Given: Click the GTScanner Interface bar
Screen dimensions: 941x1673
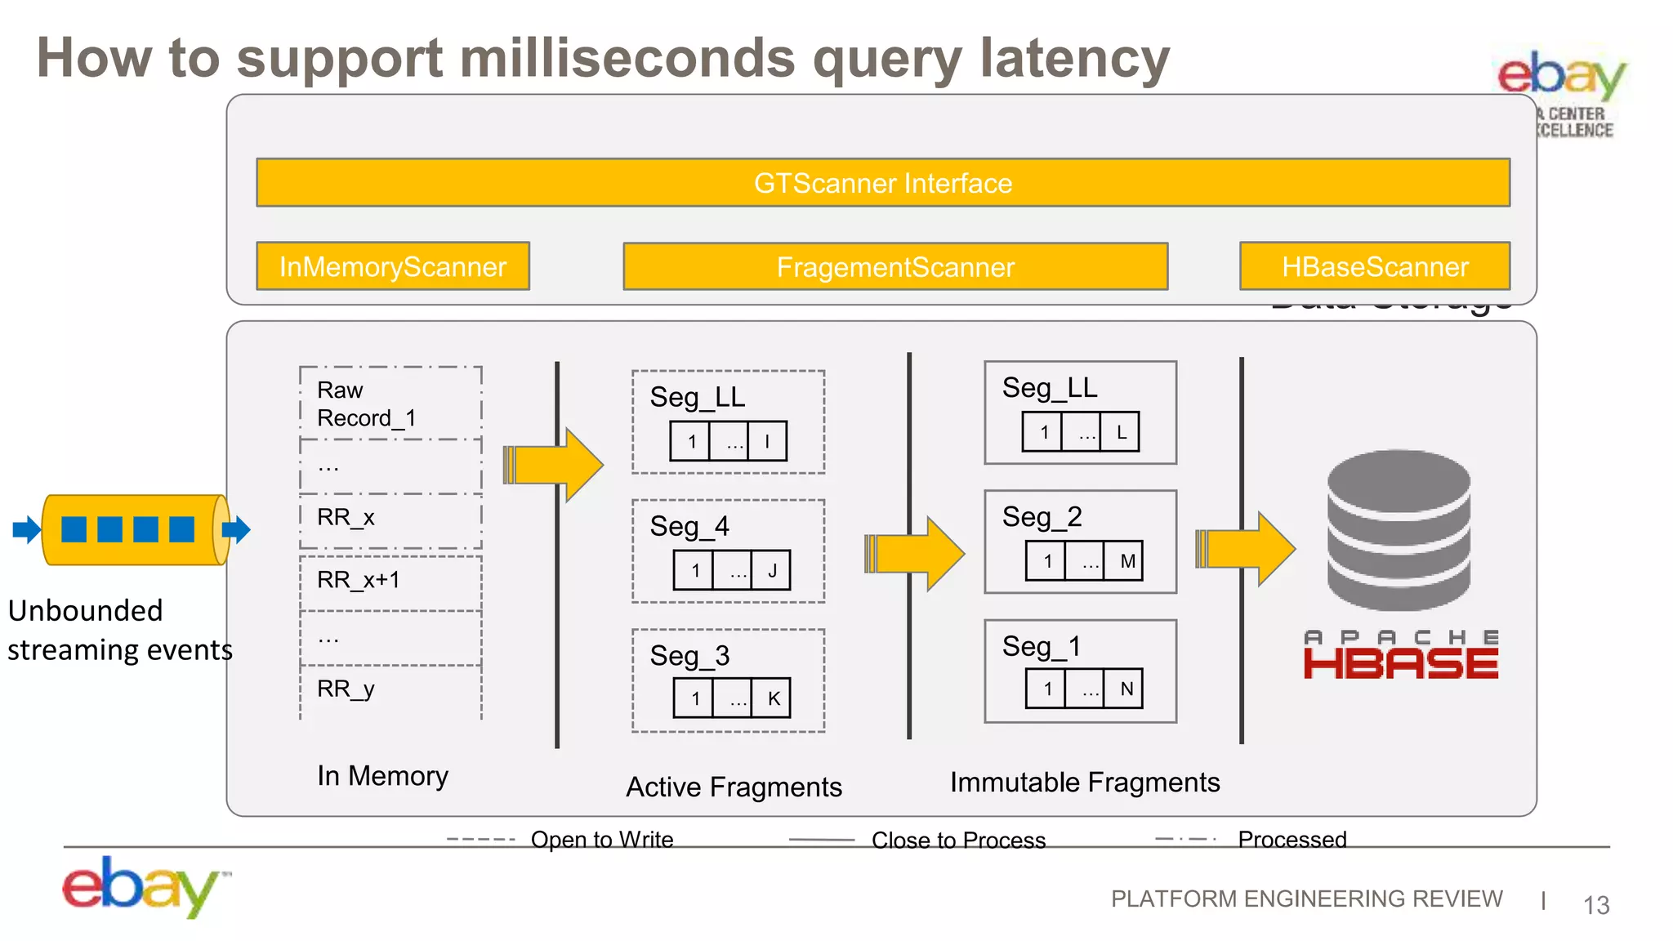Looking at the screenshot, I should click(x=882, y=182).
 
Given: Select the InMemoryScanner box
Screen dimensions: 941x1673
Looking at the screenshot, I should click(x=392, y=266).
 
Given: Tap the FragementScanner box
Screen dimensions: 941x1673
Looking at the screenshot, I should click(x=894, y=266).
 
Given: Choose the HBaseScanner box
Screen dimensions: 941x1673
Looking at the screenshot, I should click(x=1374, y=266).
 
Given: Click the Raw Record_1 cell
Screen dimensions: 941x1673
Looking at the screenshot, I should click(x=390, y=404).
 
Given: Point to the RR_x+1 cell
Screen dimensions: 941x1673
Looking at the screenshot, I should click(x=390, y=581).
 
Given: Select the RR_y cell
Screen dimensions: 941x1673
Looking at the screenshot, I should click(x=390, y=689).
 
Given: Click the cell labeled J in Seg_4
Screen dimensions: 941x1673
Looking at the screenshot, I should click(x=771, y=570).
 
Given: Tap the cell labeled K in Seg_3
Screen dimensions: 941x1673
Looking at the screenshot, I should click(x=773, y=698).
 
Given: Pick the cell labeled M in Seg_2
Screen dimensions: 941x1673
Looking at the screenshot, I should click(x=1126, y=561).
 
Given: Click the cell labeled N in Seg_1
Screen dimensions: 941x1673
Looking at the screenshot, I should click(x=1126, y=689).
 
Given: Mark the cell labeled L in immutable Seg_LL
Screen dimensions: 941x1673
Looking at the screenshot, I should click(x=1121, y=432).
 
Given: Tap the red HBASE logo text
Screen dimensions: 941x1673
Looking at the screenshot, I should click(x=1400, y=663).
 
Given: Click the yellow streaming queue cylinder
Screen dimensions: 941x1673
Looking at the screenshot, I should click(x=135, y=529).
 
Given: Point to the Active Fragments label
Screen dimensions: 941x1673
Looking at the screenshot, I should click(x=734, y=787).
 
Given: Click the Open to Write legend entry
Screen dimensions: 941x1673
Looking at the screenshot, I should click(x=601, y=840).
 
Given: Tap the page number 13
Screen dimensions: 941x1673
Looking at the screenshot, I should click(x=1595, y=905).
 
